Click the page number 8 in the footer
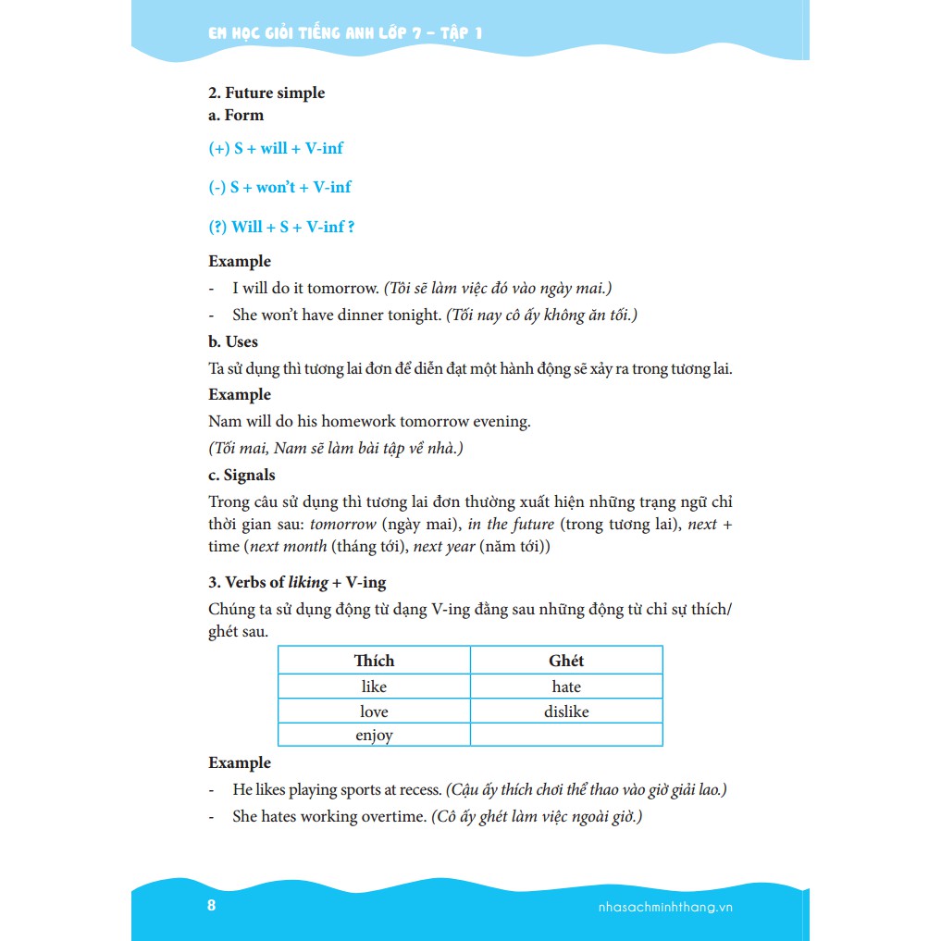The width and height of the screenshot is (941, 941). click(x=211, y=905)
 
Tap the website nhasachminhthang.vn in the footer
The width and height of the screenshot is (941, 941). click(x=660, y=907)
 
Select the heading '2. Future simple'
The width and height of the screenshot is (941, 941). click(x=266, y=93)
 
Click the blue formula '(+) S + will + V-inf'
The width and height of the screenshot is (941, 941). click(x=276, y=148)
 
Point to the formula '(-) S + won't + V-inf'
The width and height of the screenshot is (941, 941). click(x=279, y=187)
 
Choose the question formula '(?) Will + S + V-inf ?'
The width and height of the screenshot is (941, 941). click(x=281, y=227)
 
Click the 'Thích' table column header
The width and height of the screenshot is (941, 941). click(x=374, y=661)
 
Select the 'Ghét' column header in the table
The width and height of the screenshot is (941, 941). click(x=566, y=661)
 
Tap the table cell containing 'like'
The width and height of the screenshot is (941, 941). click(x=374, y=687)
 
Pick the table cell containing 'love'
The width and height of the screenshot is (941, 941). click(x=374, y=712)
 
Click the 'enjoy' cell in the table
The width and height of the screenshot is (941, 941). click(x=374, y=736)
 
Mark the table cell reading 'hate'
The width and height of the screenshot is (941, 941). click(x=566, y=687)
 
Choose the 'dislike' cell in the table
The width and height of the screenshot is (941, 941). click(x=566, y=712)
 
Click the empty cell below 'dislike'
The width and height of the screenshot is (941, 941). click(x=566, y=736)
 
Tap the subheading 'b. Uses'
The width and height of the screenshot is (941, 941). click(x=233, y=341)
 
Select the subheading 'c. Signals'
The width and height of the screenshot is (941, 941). click(x=241, y=475)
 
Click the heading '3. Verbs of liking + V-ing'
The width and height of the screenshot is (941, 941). click(x=297, y=582)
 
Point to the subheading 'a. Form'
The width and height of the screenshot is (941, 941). click(x=236, y=115)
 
